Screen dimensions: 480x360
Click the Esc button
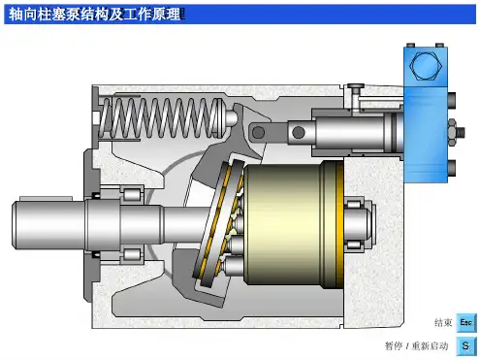point(465,322)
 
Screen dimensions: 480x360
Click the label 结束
point(443,322)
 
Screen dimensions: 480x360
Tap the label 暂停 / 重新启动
point(416,346)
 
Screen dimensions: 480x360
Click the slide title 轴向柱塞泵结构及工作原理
point(94,15)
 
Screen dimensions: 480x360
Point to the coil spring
point(162,117)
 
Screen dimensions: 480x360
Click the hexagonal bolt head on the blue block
point(426,66)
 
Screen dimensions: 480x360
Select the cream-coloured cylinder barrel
point(283,225)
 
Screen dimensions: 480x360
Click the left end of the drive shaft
point(14,225)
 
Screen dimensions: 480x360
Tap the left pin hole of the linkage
point(258,132)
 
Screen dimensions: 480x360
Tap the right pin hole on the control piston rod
point(298,132)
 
